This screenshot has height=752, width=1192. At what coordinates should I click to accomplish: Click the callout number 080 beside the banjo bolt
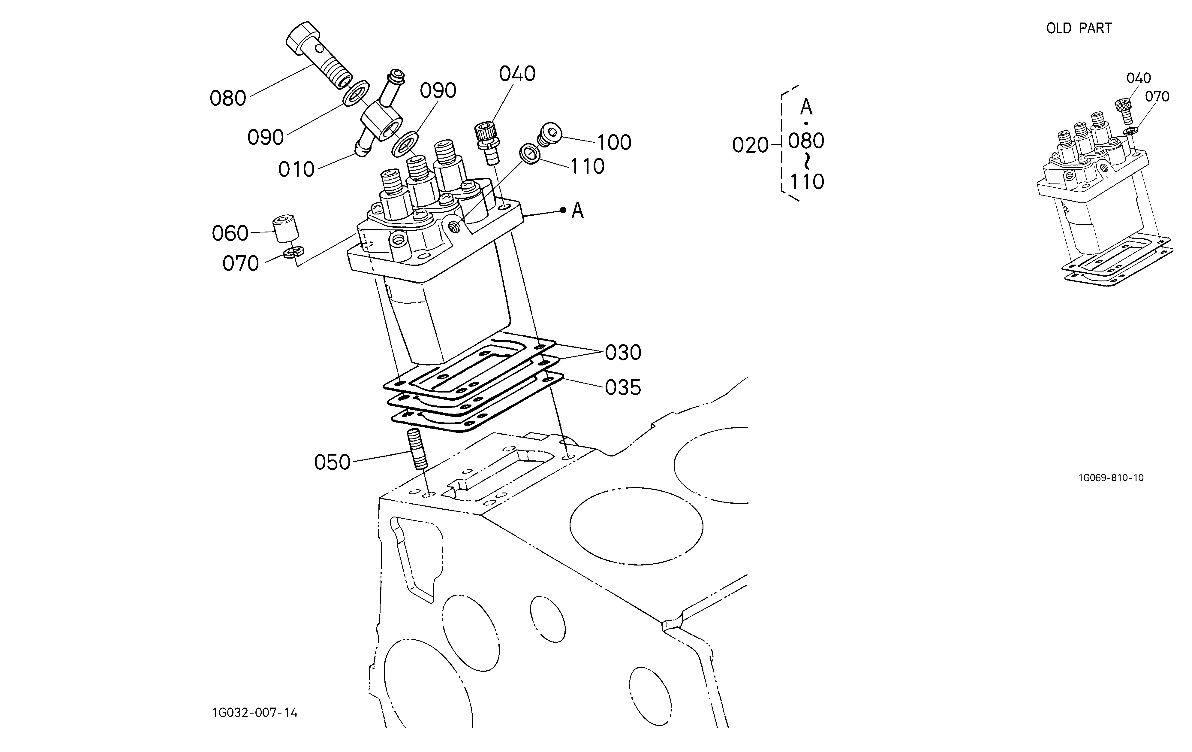point(228,99)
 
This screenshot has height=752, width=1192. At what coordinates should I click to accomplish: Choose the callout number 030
point(623,353)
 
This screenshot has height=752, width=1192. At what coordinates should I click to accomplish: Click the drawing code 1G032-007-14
point(255,713)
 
